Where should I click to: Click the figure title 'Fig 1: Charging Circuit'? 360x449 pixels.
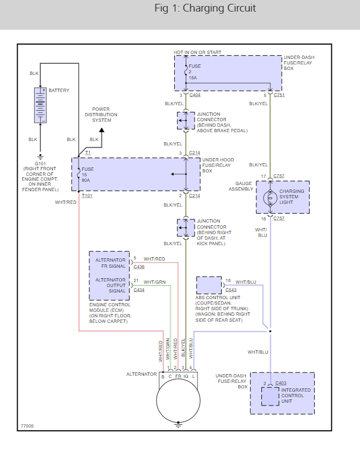click(205, 8)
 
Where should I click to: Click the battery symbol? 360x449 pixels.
click(40, 105)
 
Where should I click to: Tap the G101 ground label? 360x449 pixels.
click(40, 164)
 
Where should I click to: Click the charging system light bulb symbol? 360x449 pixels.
click(270, 197)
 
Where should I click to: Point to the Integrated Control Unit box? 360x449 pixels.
click(270, 396)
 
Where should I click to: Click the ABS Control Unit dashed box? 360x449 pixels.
click(209, 285)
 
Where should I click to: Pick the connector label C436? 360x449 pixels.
click(139, 267)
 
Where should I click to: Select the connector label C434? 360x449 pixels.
click(139, 290)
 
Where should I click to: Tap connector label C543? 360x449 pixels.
click(230, 290)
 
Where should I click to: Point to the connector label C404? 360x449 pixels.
click(195, 95)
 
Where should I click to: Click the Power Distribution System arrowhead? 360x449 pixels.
click(101, 131)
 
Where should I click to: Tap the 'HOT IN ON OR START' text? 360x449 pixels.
click(197, 52)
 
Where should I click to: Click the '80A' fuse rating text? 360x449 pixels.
click(87, 180)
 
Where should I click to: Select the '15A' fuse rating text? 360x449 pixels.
click(192, 78)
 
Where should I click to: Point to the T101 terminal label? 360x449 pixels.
click(87, 196)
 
